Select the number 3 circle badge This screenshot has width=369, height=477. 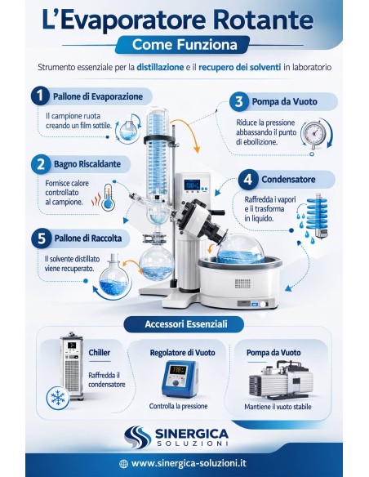click(x=238, y=102)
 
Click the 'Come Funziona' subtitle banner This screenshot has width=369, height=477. click(x=184, y=44)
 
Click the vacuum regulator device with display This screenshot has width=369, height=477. click(x=177, y=379)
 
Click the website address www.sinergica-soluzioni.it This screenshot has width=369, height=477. click(x=190, y=463)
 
